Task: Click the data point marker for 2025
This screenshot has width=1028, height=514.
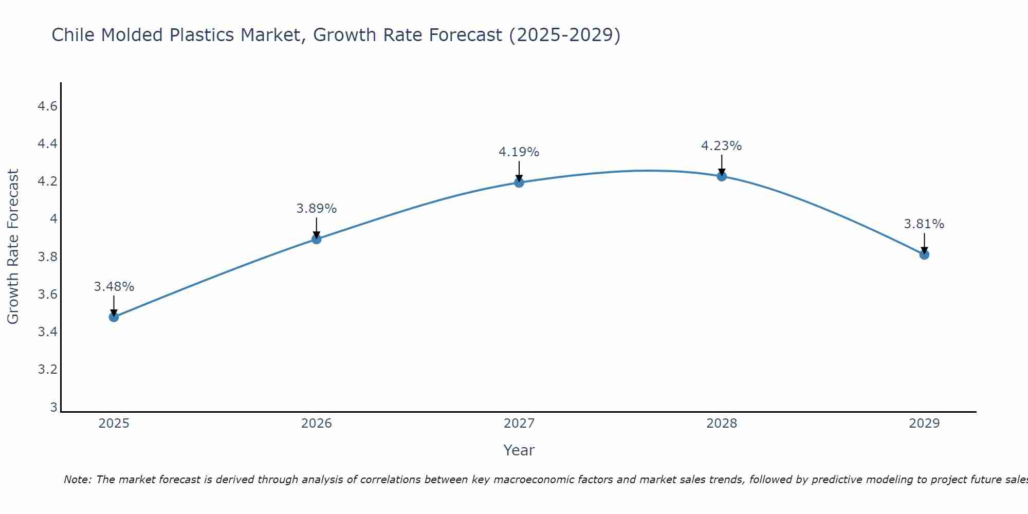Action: click(114, 317)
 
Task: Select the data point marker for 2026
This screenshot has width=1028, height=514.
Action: click(317, 239)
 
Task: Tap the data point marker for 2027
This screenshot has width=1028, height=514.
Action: click(519, 182)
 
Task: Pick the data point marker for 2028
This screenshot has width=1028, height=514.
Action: click(722, 176)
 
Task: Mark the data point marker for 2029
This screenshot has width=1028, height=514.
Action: click(924, 254)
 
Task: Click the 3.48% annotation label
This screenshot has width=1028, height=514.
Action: click(114, 287)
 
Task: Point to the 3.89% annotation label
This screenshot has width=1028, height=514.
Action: click(317, 209)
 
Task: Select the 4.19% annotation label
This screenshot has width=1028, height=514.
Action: click(519, 152)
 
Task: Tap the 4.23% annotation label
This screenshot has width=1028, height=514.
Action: click(722, 146)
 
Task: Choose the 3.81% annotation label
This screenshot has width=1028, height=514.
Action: click(924, 224)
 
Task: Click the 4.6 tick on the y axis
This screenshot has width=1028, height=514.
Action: click(47, 106)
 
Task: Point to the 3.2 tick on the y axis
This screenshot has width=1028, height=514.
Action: click(47, 370)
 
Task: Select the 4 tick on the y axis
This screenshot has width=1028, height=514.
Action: click(53, 219)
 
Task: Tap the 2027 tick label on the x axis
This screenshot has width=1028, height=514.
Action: click(519, 424)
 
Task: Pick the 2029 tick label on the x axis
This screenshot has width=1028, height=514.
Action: click(924, 424)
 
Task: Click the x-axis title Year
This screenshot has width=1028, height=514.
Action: click(519, 450)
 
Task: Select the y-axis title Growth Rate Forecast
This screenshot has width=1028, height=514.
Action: click(13, 247)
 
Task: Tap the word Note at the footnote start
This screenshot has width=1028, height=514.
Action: click(77, 480)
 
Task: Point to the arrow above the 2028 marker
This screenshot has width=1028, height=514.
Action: click(722, 166)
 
